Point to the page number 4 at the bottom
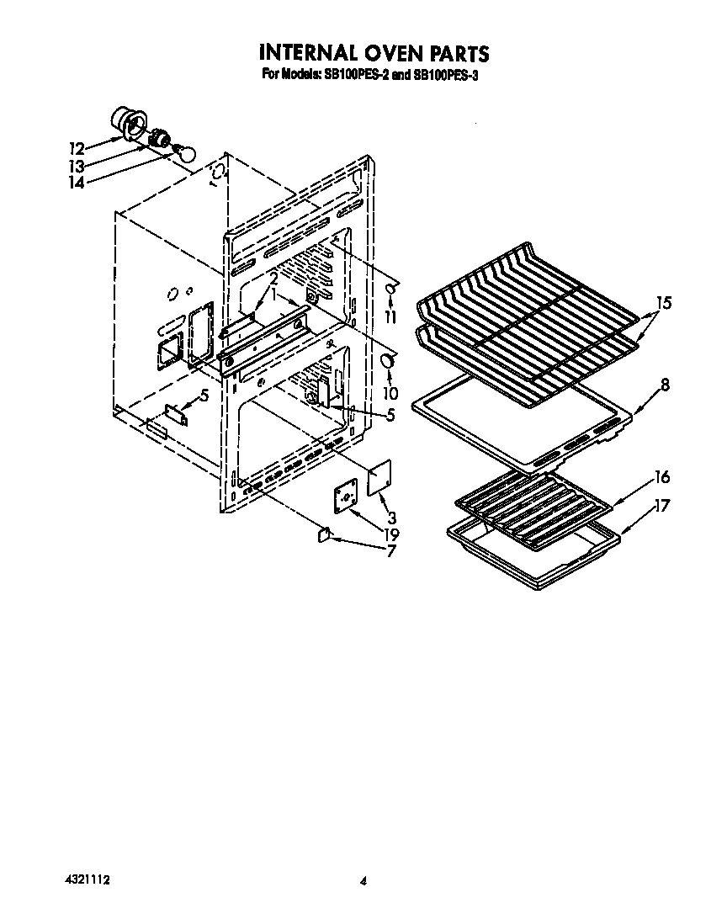pyautogui.click(x=363, y=881)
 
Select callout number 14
pyautogui.click(x=77, y=183)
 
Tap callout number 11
pyautogui.click(x=390, y=316)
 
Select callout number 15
pyautogui.click(x=664, y=303)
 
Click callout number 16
pyautogui.click(x=662, y=478)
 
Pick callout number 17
pyautogui.click(x=663, y=507)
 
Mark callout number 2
pyautogui.click(x=273, y=279)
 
